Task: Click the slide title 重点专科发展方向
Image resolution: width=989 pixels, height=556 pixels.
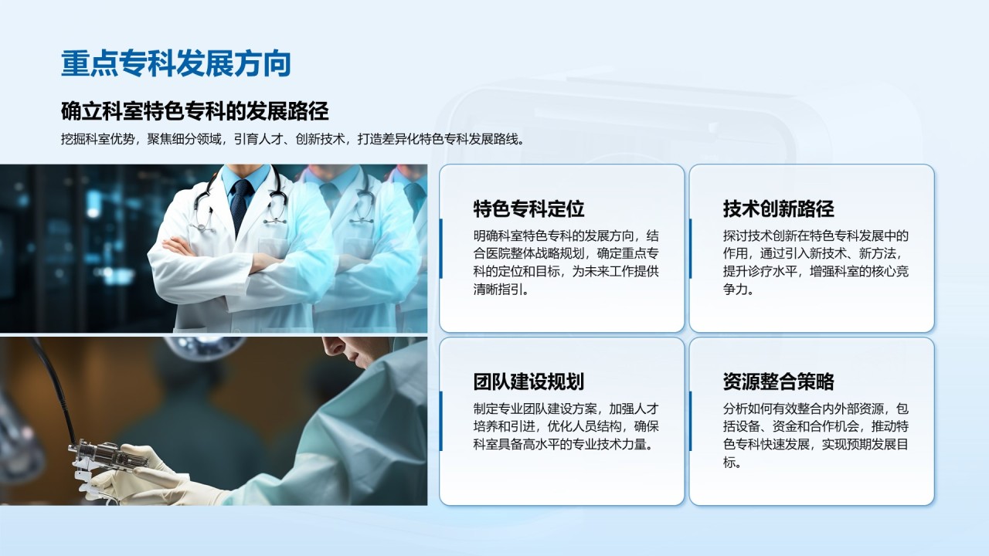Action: click(175, 63)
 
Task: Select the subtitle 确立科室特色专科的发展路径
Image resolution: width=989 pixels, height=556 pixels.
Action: click(195, 111)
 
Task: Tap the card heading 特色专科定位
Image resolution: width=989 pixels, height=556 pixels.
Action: click(528, 208)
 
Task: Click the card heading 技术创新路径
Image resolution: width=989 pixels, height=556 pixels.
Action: click(778, 208)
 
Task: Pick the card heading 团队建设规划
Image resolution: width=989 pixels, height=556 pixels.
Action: click(528, 381)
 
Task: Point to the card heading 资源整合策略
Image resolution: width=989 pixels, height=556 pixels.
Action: click(778, 381)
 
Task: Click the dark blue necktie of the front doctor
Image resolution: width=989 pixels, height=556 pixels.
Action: click(240, 205)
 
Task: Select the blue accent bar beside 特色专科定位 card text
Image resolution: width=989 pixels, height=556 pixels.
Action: click(440, 249)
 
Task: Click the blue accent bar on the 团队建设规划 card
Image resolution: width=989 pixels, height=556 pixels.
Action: click(440, 422)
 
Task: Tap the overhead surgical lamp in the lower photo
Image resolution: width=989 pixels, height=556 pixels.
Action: click(208, 347)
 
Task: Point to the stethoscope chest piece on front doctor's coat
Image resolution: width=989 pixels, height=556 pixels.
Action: click(203, 227)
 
